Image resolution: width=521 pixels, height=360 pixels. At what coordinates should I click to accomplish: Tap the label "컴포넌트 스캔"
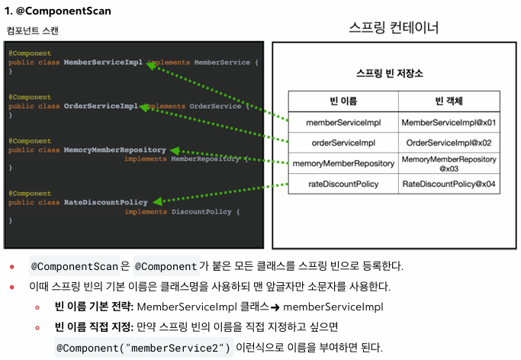coord(32,31)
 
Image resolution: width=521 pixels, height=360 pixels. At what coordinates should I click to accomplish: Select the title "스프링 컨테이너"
coord(394,27)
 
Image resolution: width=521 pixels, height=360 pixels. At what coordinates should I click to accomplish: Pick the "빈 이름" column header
coord(343,101)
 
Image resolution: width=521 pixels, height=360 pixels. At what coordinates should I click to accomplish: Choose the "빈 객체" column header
coord(449,101)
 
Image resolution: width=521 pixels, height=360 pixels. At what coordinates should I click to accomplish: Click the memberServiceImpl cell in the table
coord(343,122)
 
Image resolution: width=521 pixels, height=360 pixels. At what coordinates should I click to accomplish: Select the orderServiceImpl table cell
coord(343,142)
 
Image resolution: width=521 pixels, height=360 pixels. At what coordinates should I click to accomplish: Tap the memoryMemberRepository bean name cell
coord(343,163)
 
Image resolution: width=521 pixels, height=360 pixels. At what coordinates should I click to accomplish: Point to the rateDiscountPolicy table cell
coord(343,184)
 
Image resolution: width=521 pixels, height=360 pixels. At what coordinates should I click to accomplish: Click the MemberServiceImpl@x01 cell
coord(449,122)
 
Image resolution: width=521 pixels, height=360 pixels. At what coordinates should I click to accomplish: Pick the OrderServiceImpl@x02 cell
coord(449,142)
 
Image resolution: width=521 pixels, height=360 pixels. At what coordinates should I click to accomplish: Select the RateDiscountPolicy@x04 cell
coord(449,184)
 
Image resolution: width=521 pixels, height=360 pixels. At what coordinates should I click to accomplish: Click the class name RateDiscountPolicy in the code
coord(105,202)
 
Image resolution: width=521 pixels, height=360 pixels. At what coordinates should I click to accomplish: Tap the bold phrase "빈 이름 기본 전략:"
coord(94,307)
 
